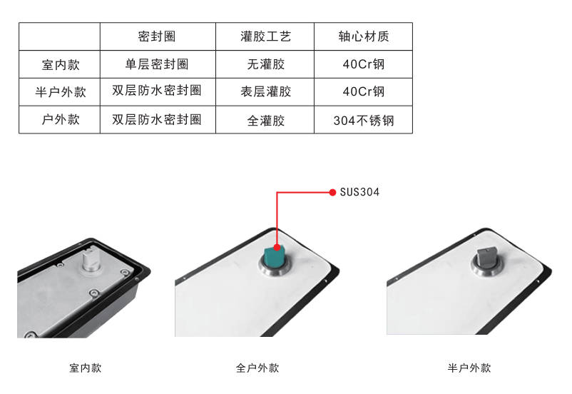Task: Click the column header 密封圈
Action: pos(157,36)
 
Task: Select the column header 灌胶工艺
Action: pos(265,36)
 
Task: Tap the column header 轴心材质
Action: pos(364,36)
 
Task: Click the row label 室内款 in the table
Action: pos(61,65)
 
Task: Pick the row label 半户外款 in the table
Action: pos(61,91)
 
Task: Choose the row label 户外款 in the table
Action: pos(61,119)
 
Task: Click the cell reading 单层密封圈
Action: pos(157,64)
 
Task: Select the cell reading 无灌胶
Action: pos(265,64)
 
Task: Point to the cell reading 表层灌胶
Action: pos(265,91)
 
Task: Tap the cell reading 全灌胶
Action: pos(265,121)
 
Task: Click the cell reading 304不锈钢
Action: pos(364,121)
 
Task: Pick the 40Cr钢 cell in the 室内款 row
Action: pos(364,64)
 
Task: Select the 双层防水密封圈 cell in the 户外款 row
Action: pos(157,119)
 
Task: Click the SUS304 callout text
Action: pos(359,192)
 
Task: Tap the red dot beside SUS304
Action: pos(332,193)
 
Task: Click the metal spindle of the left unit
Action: pos(91,260)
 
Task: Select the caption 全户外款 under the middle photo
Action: pos(257,368)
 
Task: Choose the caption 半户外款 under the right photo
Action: pos(469,368)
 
